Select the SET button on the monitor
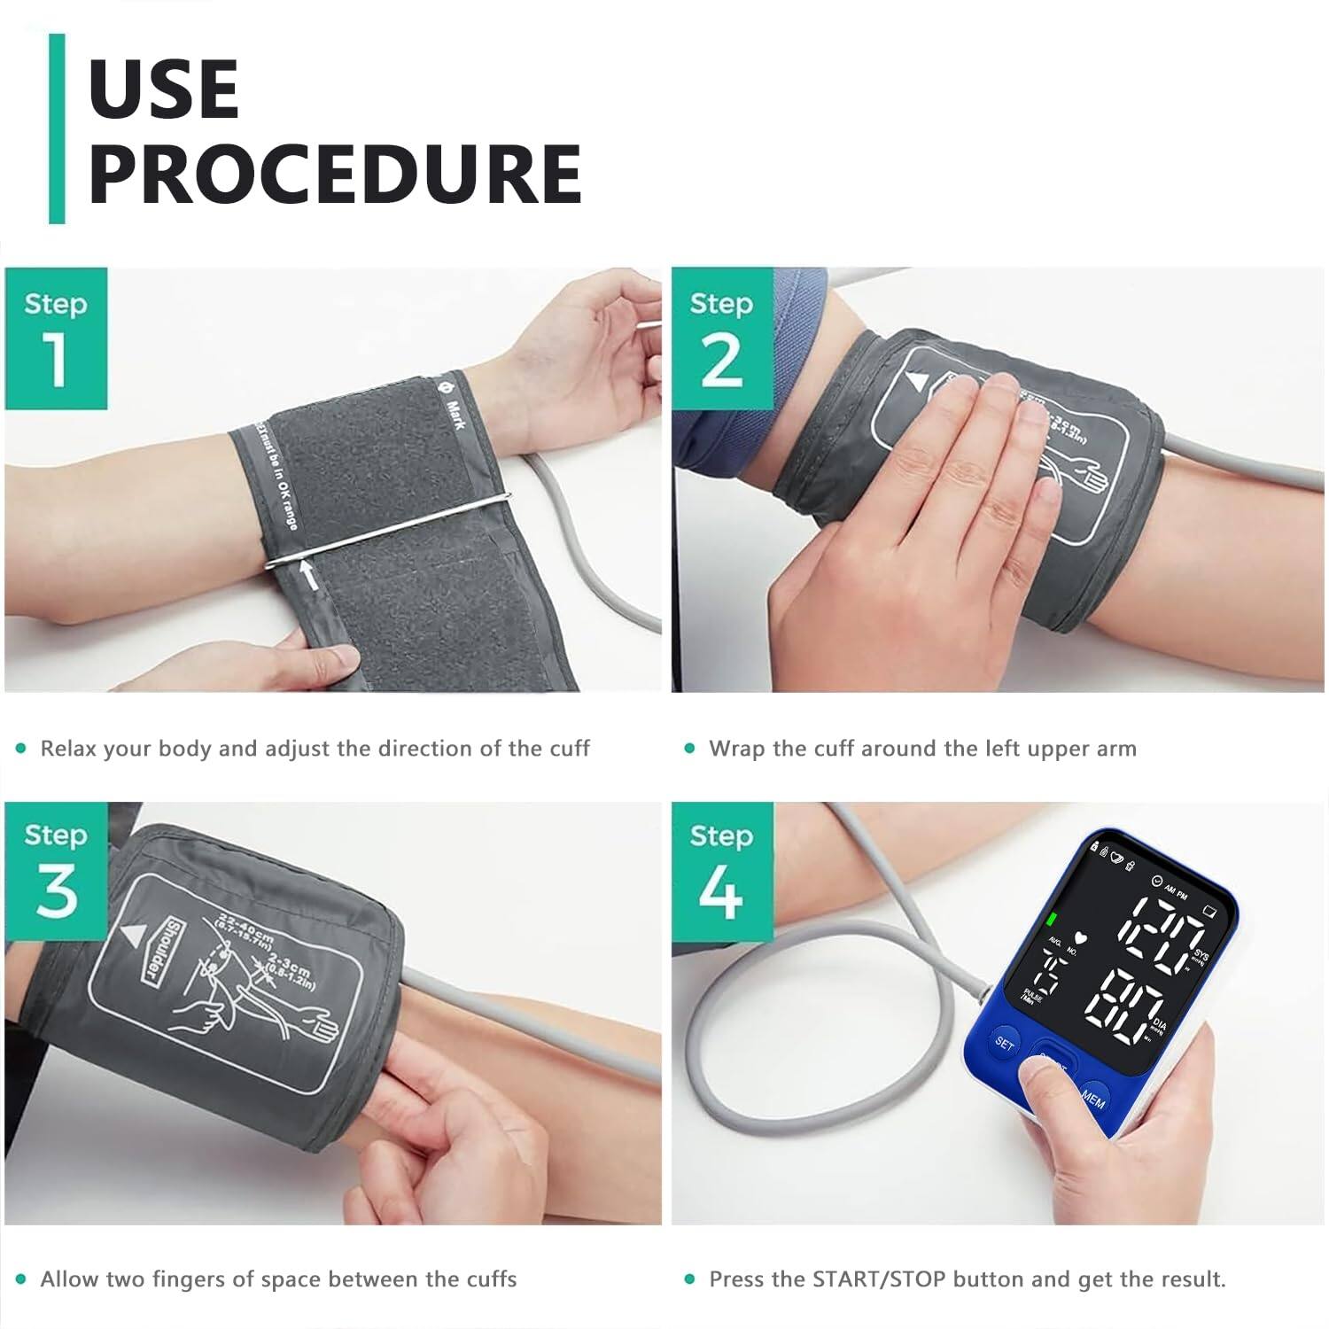tap(1005, 1043)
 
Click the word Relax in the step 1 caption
tap(66, 749)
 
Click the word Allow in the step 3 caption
tap(69, 1279)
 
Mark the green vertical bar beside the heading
tap(57, 128)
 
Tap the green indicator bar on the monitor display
tap(1053, 919)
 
